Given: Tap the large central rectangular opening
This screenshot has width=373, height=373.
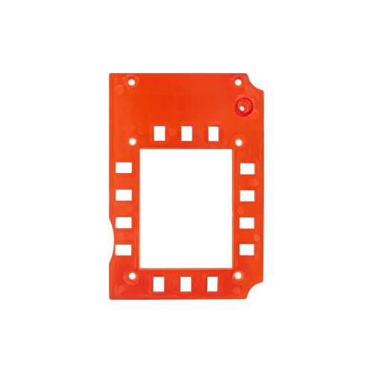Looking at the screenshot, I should pos(184,209).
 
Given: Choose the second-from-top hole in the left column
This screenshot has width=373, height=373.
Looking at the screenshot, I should pos(122,196).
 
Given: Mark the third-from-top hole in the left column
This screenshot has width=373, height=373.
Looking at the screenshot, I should pos(122,222).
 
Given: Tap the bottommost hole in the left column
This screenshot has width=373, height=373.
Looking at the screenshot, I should pos(122,249).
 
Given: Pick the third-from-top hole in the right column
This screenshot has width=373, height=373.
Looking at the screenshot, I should pos(247,223).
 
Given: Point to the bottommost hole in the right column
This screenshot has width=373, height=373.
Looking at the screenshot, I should pos(247,249).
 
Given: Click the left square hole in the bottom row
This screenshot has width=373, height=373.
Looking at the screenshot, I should pos(158,283).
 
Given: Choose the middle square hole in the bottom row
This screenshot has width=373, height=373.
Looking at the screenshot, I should pos(186,283).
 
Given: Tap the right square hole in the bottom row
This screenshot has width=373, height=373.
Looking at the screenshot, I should pos(214,283).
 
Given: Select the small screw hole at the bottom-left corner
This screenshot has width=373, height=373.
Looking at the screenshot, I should pos(133,277).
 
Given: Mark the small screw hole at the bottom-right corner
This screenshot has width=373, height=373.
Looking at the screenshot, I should pos(238,277).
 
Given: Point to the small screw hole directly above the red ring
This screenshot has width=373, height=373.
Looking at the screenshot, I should pos(238,79).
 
